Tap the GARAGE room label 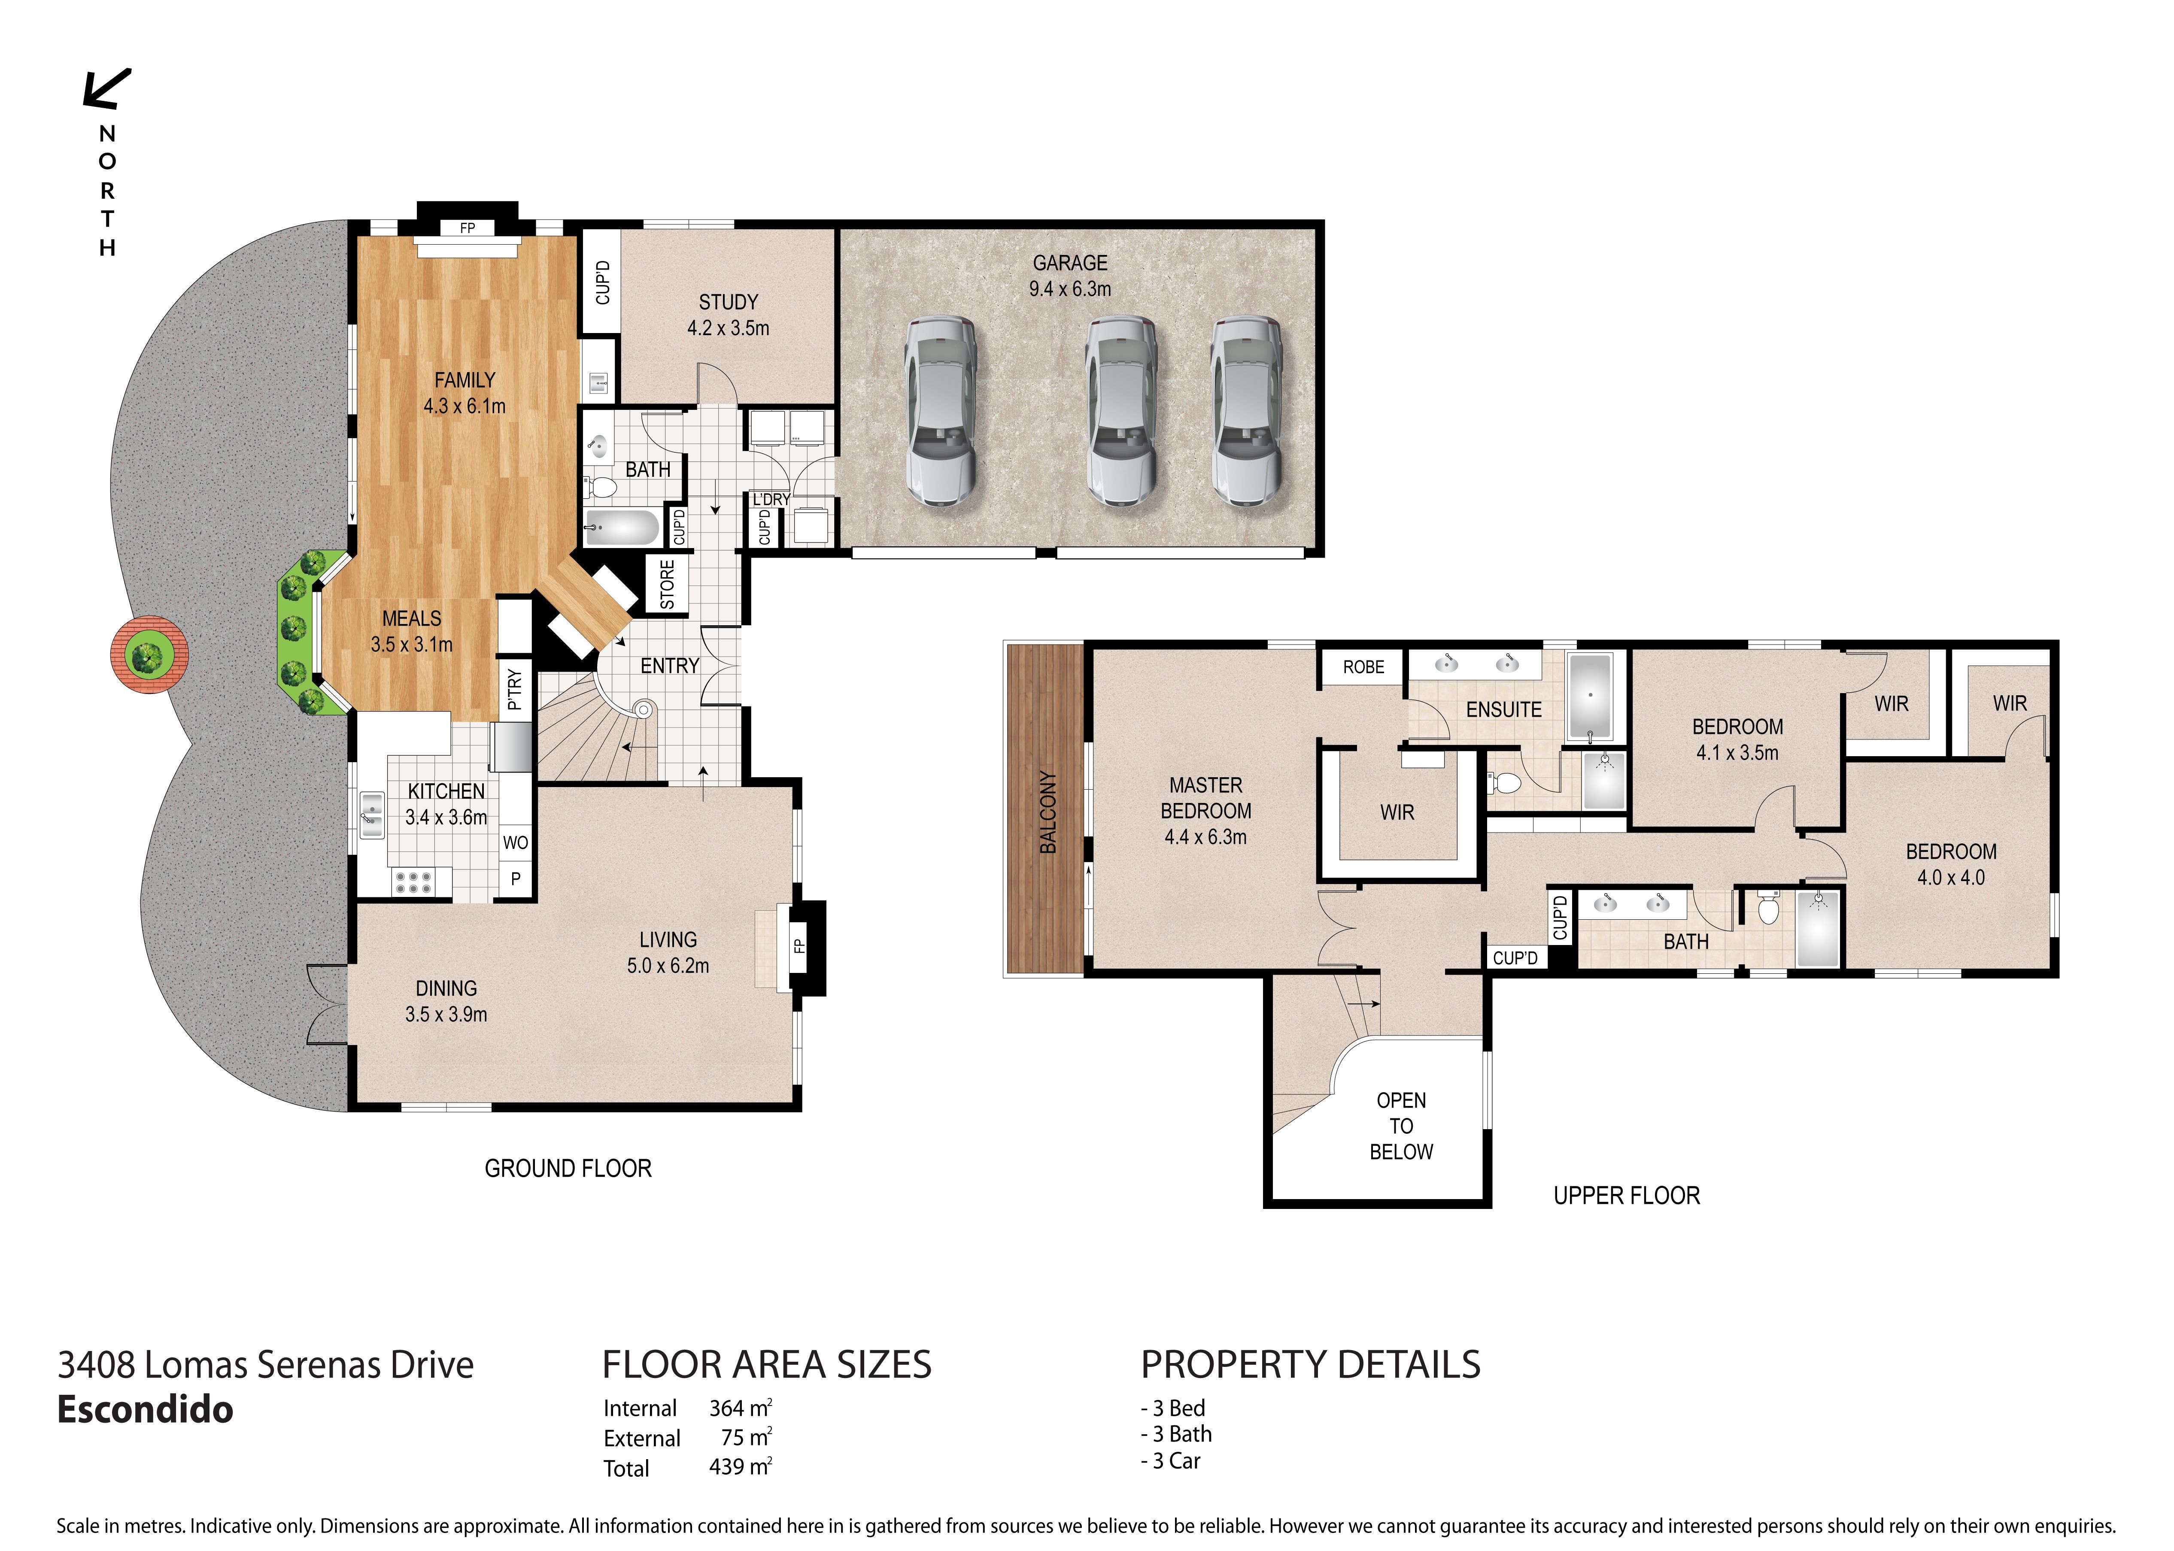[1070, 263]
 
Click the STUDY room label [728, 302]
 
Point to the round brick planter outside [149, 655]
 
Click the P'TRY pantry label [515, 688]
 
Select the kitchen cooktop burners [413, 882]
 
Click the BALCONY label [1048, 812]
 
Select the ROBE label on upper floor [1363, 666]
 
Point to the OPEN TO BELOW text [1401, 1126]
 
